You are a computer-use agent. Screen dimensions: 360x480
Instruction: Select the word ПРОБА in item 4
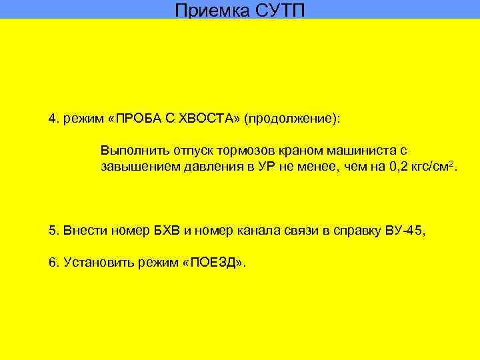coord(138,119)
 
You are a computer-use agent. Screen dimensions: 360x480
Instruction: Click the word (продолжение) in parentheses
coord(291,119)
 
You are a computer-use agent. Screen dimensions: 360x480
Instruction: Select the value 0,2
coord(395,166)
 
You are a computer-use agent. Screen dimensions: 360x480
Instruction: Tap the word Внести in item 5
coord(80,231)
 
